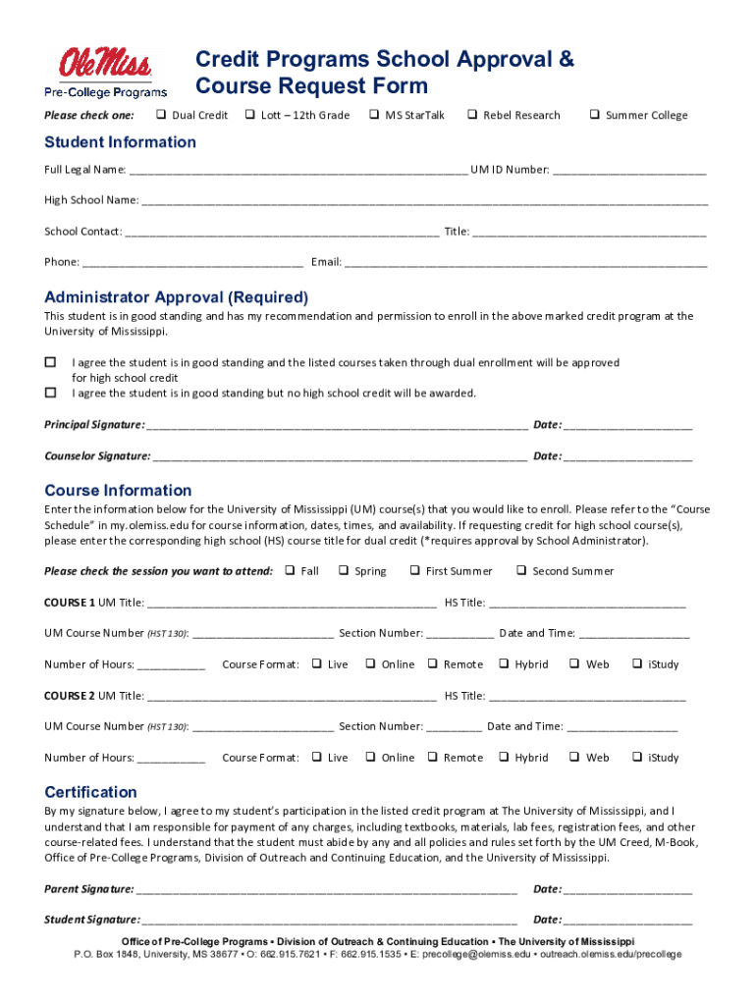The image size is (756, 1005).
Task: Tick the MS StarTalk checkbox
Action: click(374, 115)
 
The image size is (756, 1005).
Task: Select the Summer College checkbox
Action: click(594, 115)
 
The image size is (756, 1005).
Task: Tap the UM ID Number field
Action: click(629, 169)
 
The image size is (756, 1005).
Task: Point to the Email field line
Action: click(525, 262)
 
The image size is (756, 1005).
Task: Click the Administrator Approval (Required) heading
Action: click(177, 297)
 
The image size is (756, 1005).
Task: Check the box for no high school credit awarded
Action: click(50, 393)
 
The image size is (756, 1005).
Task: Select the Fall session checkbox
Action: click(290, 570)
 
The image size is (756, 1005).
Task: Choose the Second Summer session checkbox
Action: click(521, 570)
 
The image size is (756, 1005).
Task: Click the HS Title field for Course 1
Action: click(587, 603)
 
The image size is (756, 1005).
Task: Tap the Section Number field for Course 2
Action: click(455, 726)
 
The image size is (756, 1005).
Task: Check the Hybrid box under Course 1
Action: click(504, 664)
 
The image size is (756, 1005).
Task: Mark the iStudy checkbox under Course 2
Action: click(637, 757)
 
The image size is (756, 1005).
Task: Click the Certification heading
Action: click(91, 792)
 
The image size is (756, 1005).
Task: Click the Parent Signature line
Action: click(327, 889)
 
